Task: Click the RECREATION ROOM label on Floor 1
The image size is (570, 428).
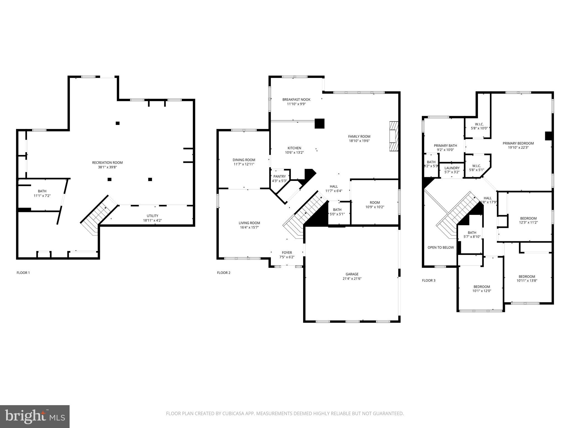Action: (107, 163)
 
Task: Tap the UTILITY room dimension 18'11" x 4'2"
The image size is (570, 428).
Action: (153, 220)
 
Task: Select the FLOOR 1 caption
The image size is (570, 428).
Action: (23, 273)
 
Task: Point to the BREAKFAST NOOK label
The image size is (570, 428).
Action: (296, 99)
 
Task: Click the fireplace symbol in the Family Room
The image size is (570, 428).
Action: (394, 137)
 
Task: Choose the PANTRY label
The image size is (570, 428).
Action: (279, 176)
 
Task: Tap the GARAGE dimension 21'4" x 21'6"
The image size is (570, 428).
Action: (352, 279)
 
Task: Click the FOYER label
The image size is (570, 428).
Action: (287, 253)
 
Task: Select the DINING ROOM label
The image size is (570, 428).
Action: (244, 160)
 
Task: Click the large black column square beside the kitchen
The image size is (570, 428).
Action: (320, 123)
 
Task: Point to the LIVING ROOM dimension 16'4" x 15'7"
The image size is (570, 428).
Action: (249, 227)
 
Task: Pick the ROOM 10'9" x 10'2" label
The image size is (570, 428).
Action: (375, 203)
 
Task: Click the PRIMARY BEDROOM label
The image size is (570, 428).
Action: (518, 143)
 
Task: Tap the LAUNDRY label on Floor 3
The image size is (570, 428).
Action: (452, 168)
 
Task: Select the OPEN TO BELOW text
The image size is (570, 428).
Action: (441, 247)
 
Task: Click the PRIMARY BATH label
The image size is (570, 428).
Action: (445, 145)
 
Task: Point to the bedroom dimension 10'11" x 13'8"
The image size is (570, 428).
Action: (527, 281)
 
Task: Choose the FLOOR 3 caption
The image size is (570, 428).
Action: (429, 281)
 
